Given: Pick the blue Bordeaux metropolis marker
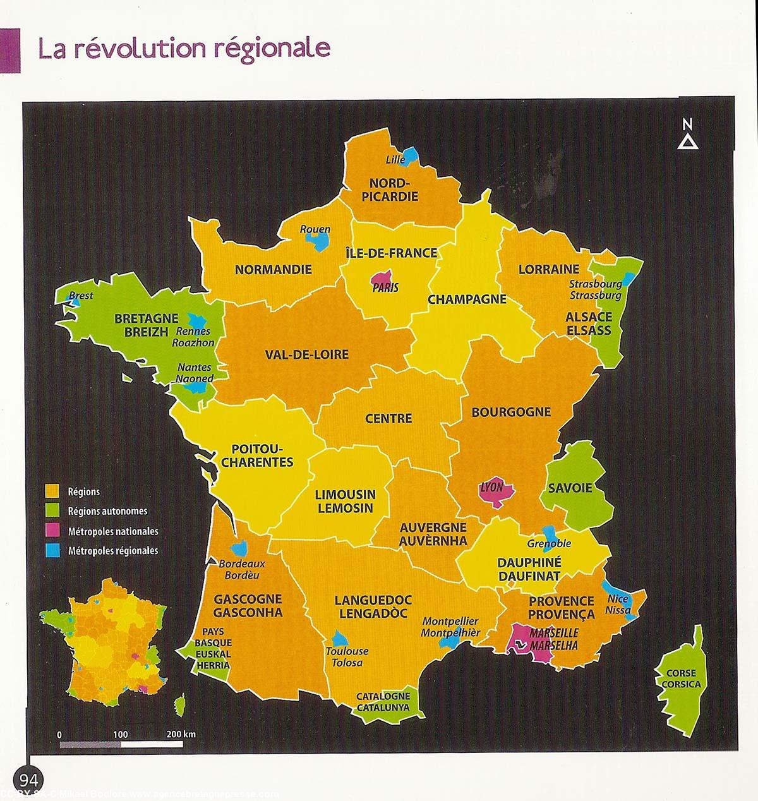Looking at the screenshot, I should click(240, 549).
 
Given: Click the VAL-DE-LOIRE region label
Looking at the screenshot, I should click(307, 354).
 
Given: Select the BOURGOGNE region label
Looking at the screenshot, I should click(511, 412).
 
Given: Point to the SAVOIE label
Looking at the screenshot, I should click(570, 488).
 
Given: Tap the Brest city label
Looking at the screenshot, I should click(81, 295).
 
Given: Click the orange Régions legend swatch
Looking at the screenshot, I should click(53, 491).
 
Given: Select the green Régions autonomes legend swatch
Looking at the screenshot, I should click(53, 510).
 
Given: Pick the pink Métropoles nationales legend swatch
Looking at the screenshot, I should click(53, 531).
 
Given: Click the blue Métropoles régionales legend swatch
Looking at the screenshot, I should click(53, 550).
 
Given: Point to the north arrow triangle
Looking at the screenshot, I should click(687, 142).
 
